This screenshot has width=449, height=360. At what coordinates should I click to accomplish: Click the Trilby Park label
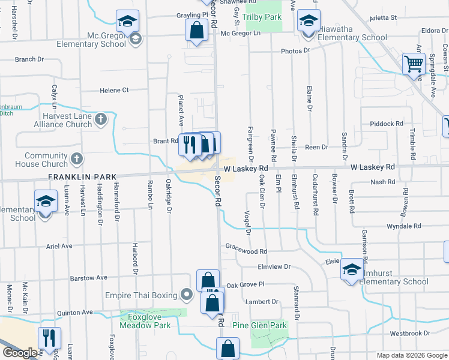[x=262, y=17]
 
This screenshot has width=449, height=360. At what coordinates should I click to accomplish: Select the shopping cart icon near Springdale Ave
[x=414, y=63]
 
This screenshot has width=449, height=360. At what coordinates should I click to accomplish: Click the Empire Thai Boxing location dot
[x=186, y=295]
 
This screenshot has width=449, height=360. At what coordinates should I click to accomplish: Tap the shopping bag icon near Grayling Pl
[x=196, y=29]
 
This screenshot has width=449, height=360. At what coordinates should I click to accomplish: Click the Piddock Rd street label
[x=387, y=124]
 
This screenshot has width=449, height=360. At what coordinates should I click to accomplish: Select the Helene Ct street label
[x=114, y=90]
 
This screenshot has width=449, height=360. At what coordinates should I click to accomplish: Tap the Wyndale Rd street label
[x=403, y=226]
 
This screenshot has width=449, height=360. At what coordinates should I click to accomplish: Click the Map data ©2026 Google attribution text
[x=412, y=355]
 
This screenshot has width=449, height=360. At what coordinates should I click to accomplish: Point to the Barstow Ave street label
[x=88, y=278]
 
